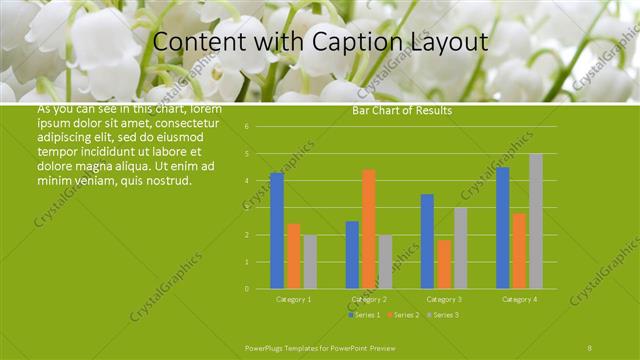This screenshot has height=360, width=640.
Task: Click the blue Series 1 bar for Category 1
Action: click(277, 230)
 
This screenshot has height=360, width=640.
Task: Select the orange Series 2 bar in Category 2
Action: click(369, 228)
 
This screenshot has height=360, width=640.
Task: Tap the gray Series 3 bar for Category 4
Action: click(536, 221)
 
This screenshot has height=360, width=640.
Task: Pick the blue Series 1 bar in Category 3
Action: click(427, 241)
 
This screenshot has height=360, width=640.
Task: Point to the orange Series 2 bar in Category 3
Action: click(444, 264)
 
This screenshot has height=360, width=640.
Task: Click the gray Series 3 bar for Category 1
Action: click(310, 262)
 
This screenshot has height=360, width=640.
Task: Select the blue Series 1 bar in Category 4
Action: click(503, 227)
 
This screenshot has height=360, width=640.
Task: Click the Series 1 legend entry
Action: click(366, 314)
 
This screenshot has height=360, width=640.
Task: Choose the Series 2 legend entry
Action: click(403, 314)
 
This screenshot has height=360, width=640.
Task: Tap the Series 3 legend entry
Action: click(441, 314)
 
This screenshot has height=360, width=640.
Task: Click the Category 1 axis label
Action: click(293, 299)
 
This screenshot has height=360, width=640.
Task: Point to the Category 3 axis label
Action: click(444, 299)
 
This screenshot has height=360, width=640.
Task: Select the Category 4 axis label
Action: click(519, 299)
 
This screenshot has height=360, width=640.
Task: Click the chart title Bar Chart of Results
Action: click(402, 110)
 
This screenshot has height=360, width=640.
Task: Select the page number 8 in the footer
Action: click(589, 346)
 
